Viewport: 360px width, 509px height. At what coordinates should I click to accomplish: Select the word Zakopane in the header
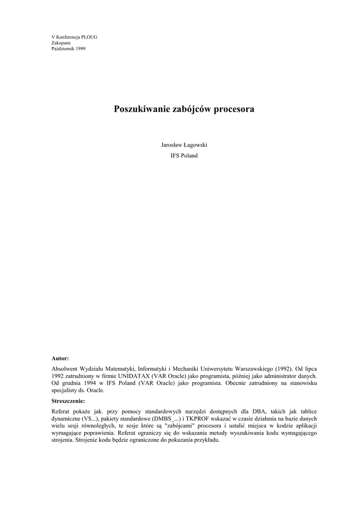tap(61, 43)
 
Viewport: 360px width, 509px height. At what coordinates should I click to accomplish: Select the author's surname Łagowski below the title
tap(194, 145)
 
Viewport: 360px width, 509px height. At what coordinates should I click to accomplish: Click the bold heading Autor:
tap(60, 358)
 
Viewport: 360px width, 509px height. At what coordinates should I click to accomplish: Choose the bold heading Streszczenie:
tap(68, 401)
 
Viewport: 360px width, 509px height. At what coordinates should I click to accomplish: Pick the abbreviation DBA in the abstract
tap(253, 412)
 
